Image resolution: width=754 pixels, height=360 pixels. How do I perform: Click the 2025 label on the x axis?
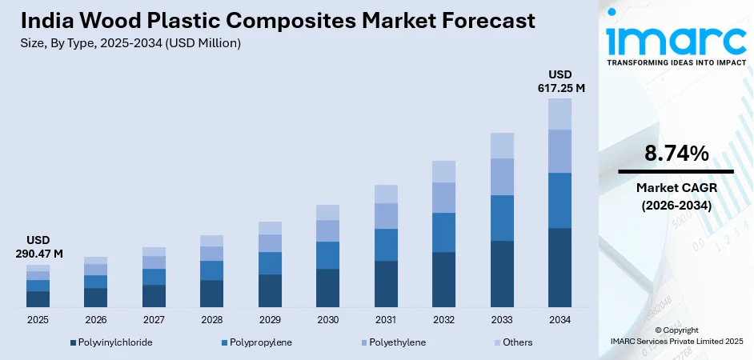coord(38,319)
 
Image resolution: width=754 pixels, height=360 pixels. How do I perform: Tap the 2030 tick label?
coord(327,319)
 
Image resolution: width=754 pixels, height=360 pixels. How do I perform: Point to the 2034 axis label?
coord(559,319)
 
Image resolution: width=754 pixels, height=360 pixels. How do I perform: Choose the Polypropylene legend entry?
coord(255,342)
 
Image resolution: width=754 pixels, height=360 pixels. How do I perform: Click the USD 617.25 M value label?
coord(559,81)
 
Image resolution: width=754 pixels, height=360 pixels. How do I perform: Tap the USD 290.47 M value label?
coord(38,247)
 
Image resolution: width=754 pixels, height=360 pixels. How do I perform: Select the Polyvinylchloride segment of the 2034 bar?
coord(559,267)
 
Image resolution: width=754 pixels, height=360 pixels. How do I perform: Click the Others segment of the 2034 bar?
coord(559,114)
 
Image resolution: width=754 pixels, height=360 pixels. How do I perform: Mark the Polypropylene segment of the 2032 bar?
coord(443,232)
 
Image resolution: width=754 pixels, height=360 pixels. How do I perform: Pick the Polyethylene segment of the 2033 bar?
coord(502,177)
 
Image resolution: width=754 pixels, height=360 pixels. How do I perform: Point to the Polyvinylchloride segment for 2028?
coord(211,293)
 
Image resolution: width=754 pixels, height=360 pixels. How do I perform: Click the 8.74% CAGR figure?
coord(676,153)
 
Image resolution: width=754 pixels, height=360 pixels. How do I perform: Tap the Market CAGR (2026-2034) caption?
coord(676,195)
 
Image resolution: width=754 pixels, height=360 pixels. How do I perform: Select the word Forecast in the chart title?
coord(478,21)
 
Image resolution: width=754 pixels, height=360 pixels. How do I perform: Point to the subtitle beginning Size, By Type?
coord(128,43)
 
